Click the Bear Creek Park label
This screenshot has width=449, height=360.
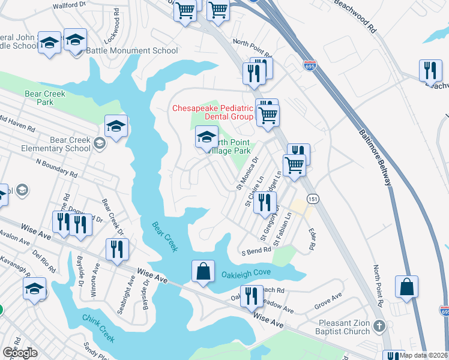pyautogui.click(x=39, y=98)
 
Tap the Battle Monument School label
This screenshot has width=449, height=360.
pyautogui.click(x=132, y=51)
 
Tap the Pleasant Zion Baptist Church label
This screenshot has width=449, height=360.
pyautogui.click(x=341, y=327)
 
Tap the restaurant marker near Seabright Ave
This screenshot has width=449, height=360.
pyautogui.click(x=117, y=248)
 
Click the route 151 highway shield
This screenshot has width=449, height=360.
pyautogui.click(x=312, y=198)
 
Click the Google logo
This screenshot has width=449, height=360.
pyautogui.click(x=19, y=353)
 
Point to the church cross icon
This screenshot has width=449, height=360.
pyautogui.click(x=378, y=326)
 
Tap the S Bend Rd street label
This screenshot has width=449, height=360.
pyautogui.click(x=257, y=251)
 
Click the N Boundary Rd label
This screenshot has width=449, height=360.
pyautogui.click(x=57, y=168)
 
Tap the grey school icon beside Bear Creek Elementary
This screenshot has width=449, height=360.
pyautogui.click(x=99, y=142)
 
